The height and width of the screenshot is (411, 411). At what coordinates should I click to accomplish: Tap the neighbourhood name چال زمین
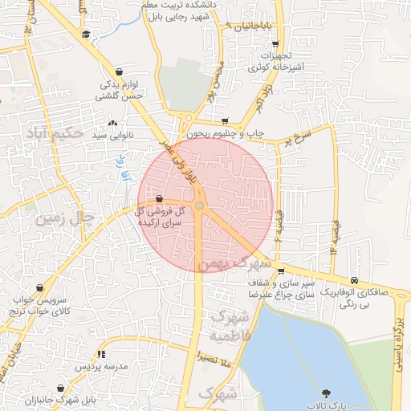[x=60, y=217]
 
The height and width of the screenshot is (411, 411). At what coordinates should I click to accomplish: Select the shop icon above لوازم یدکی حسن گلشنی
[x=119, y=71]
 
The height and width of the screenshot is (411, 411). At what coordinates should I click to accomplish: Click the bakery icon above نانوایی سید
[x=112, y=124]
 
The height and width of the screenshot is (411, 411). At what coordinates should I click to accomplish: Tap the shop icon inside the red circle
[x=160, y=197]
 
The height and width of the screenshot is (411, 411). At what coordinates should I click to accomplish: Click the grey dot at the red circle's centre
[x=199, y=205]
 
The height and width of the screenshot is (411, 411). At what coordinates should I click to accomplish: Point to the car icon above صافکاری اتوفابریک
[x=354, y=281]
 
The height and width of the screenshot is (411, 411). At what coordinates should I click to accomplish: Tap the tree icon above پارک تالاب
[x=326, y=393]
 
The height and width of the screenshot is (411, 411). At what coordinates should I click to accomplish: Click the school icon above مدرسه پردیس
[x=101, y=353]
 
